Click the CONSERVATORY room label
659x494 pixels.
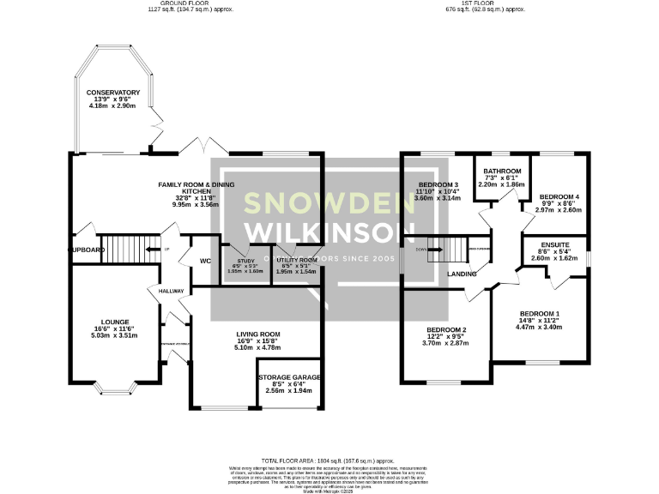[x=112, y=93]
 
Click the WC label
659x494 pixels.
[x=204, y=262]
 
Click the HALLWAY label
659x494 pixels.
[x=172, y=292]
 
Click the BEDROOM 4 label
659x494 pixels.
[x=559, y=197]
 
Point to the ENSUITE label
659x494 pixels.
[x=554, y=244]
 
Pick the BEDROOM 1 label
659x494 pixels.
[x=538, y=314]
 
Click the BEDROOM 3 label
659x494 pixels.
[x=438, y=184]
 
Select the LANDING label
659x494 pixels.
[x=462, y=274]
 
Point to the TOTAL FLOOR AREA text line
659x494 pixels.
[x=328, y=461]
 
